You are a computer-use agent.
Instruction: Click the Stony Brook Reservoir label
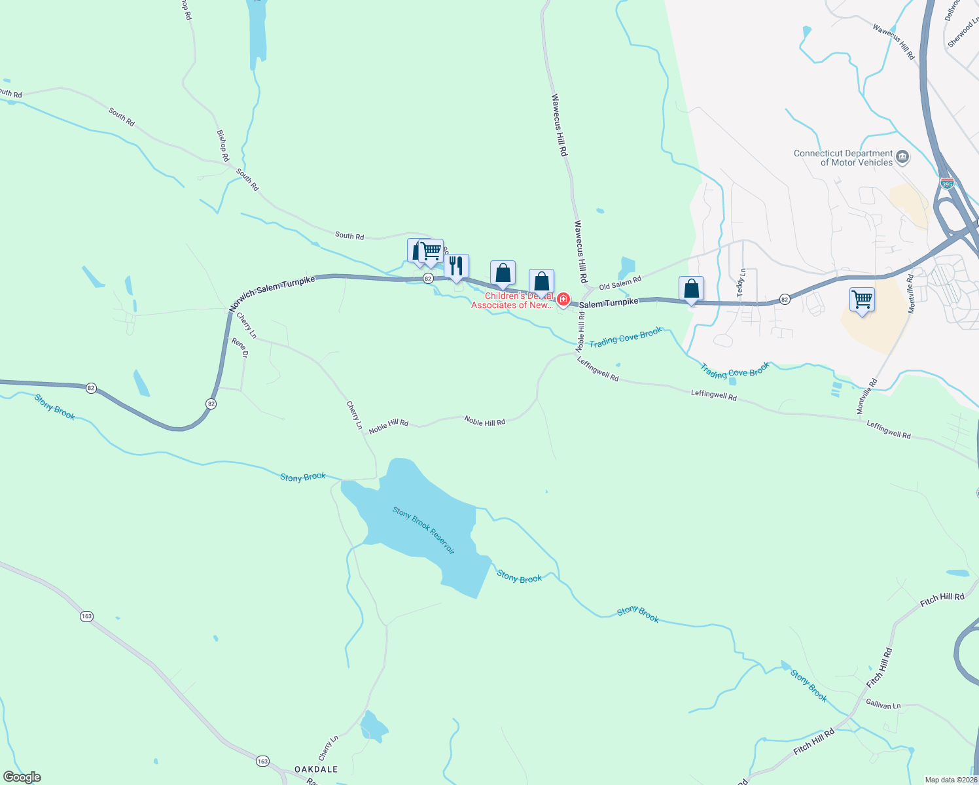[423, 530]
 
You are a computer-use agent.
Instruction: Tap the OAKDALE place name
[316, 769]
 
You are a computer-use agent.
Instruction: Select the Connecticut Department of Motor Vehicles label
[843, 158]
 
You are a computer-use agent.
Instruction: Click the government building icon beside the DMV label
[902, 156]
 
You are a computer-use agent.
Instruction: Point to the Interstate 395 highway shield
[946, 184]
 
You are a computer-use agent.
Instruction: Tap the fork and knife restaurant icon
[456, 266]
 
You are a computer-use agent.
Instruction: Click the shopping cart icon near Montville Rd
[862, 300]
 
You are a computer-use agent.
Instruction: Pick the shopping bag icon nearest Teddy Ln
[692, 288]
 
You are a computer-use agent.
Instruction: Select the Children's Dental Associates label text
[512, 301]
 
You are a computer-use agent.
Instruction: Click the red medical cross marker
[563, 300]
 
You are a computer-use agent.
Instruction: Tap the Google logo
[22, 777]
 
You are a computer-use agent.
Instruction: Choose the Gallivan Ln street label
[883, 705]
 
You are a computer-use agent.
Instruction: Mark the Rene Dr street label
[240, 347]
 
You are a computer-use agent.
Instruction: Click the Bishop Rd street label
[223, 145]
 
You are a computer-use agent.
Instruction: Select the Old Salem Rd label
[620, 283]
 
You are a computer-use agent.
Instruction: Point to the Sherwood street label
[963, 33]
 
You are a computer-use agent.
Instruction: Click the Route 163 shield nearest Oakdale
[262, 761]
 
